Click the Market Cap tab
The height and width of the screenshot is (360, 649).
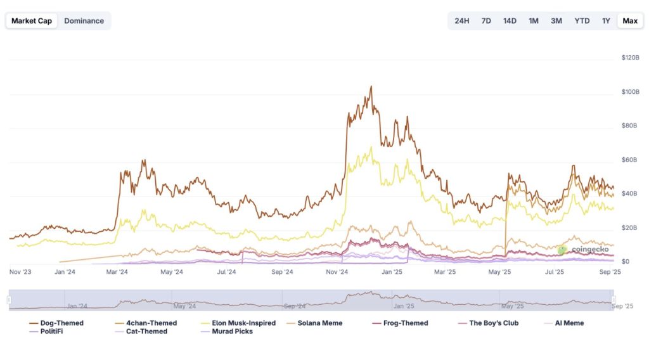(x=32, y=21)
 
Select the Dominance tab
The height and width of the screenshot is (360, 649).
(x=84, y=21)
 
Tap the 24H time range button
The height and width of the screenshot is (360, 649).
(x=462, y=21)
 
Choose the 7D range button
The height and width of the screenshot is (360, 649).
(x=486, y=21)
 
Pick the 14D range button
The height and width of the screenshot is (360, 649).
(x=510, y=21)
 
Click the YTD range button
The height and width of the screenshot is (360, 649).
(x=582, y=21)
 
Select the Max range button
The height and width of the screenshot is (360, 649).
(x=630, y=21)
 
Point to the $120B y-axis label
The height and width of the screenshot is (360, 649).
(x=631, y=58)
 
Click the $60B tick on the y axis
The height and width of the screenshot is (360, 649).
(x=629, y=160)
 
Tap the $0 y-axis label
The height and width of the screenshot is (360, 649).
(x=626, y=261)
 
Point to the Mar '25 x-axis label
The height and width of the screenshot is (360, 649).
(x=444, y=273)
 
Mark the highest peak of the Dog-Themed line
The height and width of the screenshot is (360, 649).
(x=371, y=87)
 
